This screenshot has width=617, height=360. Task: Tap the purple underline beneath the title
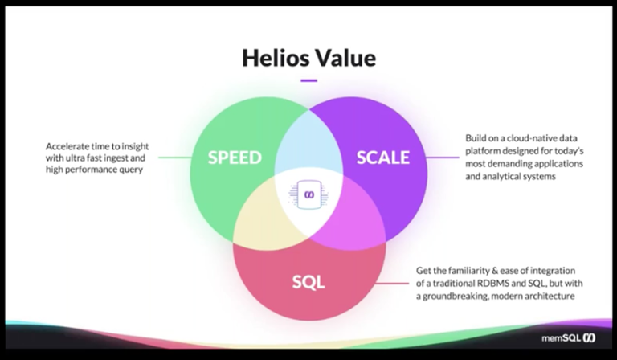pyautogui.click(x=308, y=80)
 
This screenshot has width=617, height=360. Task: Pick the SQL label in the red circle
pyautogui.click(x=308, y=283)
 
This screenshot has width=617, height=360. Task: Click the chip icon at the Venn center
pyautogui.click(x=308, y=196)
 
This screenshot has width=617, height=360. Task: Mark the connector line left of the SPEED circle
pyautogui.click(x=173, y=157)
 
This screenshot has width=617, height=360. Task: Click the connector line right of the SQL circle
pyautogui.click(x=394, y=283)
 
